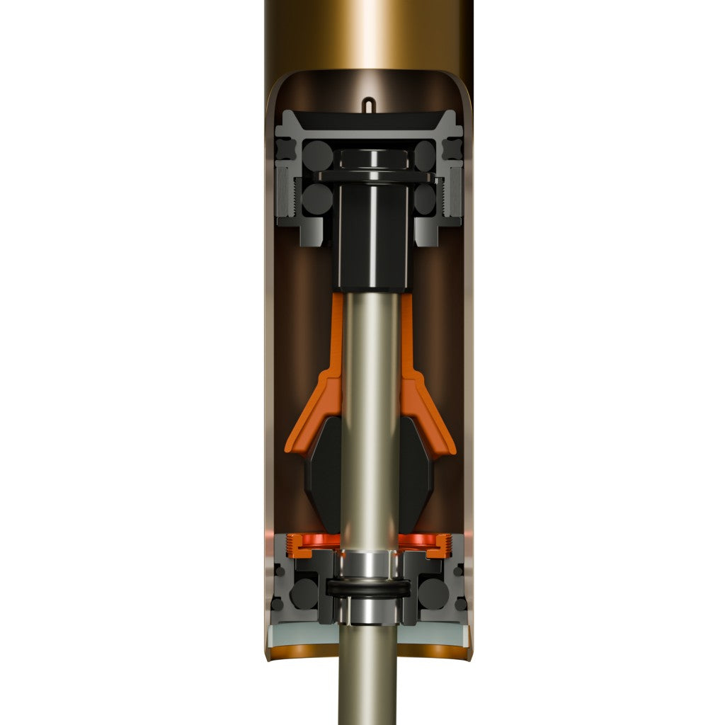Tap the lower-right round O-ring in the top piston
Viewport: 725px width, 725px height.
424,200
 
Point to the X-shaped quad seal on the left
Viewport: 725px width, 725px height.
286,149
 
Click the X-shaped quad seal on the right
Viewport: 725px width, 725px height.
451,149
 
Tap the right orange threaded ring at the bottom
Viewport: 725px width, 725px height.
434,544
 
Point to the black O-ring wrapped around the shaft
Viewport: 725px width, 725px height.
367,588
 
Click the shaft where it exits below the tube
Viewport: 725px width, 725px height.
367,687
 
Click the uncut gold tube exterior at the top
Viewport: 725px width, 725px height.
367,32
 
